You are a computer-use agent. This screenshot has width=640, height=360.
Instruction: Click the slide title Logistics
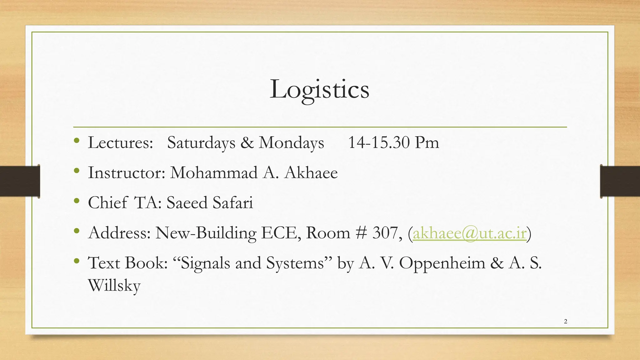(x=319, y=89)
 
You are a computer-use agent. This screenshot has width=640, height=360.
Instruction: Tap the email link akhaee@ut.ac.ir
(x=470, y=233)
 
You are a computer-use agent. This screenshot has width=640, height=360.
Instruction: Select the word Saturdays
(x=201, y=143)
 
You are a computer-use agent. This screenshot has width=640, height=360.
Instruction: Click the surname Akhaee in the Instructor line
(x=311, y=172)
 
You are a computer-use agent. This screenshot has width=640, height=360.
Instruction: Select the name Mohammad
(x=214, y=172)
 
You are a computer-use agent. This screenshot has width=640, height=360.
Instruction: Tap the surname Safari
(x=233, y=202)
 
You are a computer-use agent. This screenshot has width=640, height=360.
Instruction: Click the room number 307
(x=385, y=233)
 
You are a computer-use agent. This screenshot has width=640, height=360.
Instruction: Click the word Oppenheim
(x=442, y=263)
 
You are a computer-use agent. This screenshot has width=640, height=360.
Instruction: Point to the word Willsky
(x=114, y=285)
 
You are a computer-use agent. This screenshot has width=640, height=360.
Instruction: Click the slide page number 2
(x=566, y=321)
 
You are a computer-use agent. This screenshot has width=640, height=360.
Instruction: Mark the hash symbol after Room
(x=361, y=233)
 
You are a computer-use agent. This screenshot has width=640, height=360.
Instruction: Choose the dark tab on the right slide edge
(x=620, y=181)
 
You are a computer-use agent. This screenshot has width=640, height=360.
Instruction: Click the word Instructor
(x=126, y=172)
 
